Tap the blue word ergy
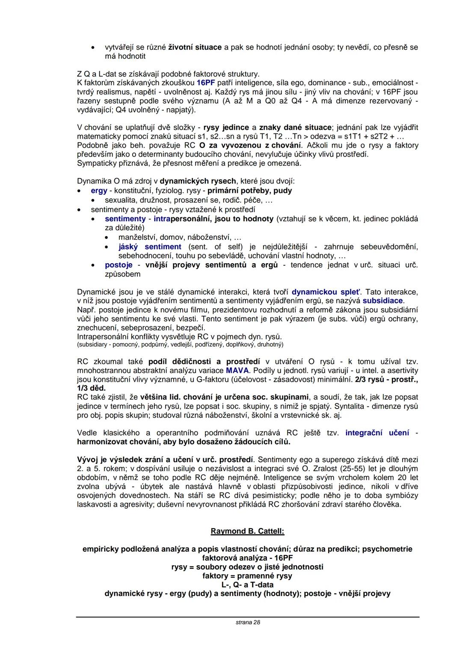pos(99,191)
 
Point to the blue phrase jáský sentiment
pos(150,247)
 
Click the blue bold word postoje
pos(118,265)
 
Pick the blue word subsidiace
pos(382,301)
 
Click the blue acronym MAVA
pos(237,371)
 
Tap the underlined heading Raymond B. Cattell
pos(247,531)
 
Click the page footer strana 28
pos(248,622)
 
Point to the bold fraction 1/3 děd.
pos(91,388)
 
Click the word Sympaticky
pos(96,163)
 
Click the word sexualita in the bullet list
pos(120,200)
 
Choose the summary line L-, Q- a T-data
pos(247,585)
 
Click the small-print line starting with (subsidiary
pos(180,344)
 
